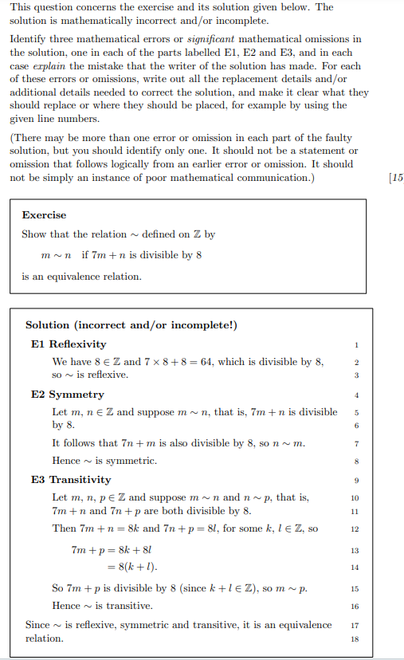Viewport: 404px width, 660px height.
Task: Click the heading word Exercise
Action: click(x=44, y=215)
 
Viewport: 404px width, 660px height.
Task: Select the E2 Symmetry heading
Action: click(x=67, y=395)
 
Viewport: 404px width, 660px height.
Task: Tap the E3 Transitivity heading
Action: click(x=71, y=480)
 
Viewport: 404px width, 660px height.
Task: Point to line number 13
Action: click(x=355, y=550)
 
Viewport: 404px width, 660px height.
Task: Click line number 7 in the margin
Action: click(x=356, y=443)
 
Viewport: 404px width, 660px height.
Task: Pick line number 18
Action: click(x=355, y=638)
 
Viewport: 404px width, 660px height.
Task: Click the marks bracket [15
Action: click(x=394, y=178)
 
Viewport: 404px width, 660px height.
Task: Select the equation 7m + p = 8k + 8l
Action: click(x=111, y=550)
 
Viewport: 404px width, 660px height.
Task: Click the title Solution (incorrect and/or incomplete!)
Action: click(x=131, y=325)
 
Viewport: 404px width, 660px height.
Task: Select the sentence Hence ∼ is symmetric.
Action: click(x=104, y=461)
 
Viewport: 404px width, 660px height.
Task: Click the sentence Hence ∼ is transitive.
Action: click(x=103, y=606)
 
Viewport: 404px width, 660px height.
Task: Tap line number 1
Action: click(x=356, y=344)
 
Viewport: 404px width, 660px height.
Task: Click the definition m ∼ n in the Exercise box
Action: click(x=57, y=255)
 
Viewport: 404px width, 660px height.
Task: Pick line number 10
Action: click(x=355, y=497)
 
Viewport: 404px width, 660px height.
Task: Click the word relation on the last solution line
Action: click(x=45, y=638)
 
